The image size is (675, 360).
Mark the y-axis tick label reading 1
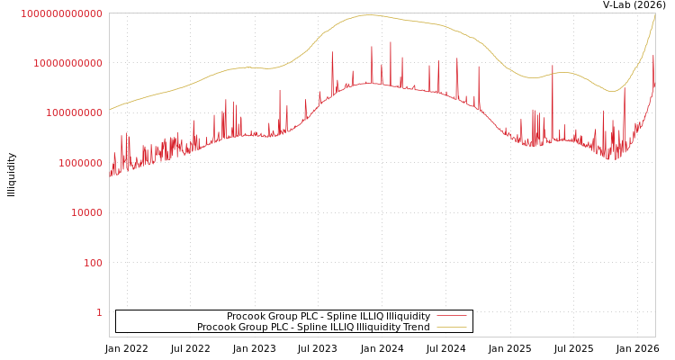99,312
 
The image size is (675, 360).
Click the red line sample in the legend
451,316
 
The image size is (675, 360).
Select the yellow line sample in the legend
451,327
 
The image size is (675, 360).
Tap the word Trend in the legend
417,327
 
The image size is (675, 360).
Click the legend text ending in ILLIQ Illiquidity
328,316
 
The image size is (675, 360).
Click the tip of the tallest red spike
391,41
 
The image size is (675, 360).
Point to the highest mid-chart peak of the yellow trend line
368,14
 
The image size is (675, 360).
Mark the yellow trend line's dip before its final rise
612,92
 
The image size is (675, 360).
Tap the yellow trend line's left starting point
110,110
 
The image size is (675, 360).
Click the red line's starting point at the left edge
110,175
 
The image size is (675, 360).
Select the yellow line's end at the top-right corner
654,14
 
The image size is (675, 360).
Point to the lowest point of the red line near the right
616,159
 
